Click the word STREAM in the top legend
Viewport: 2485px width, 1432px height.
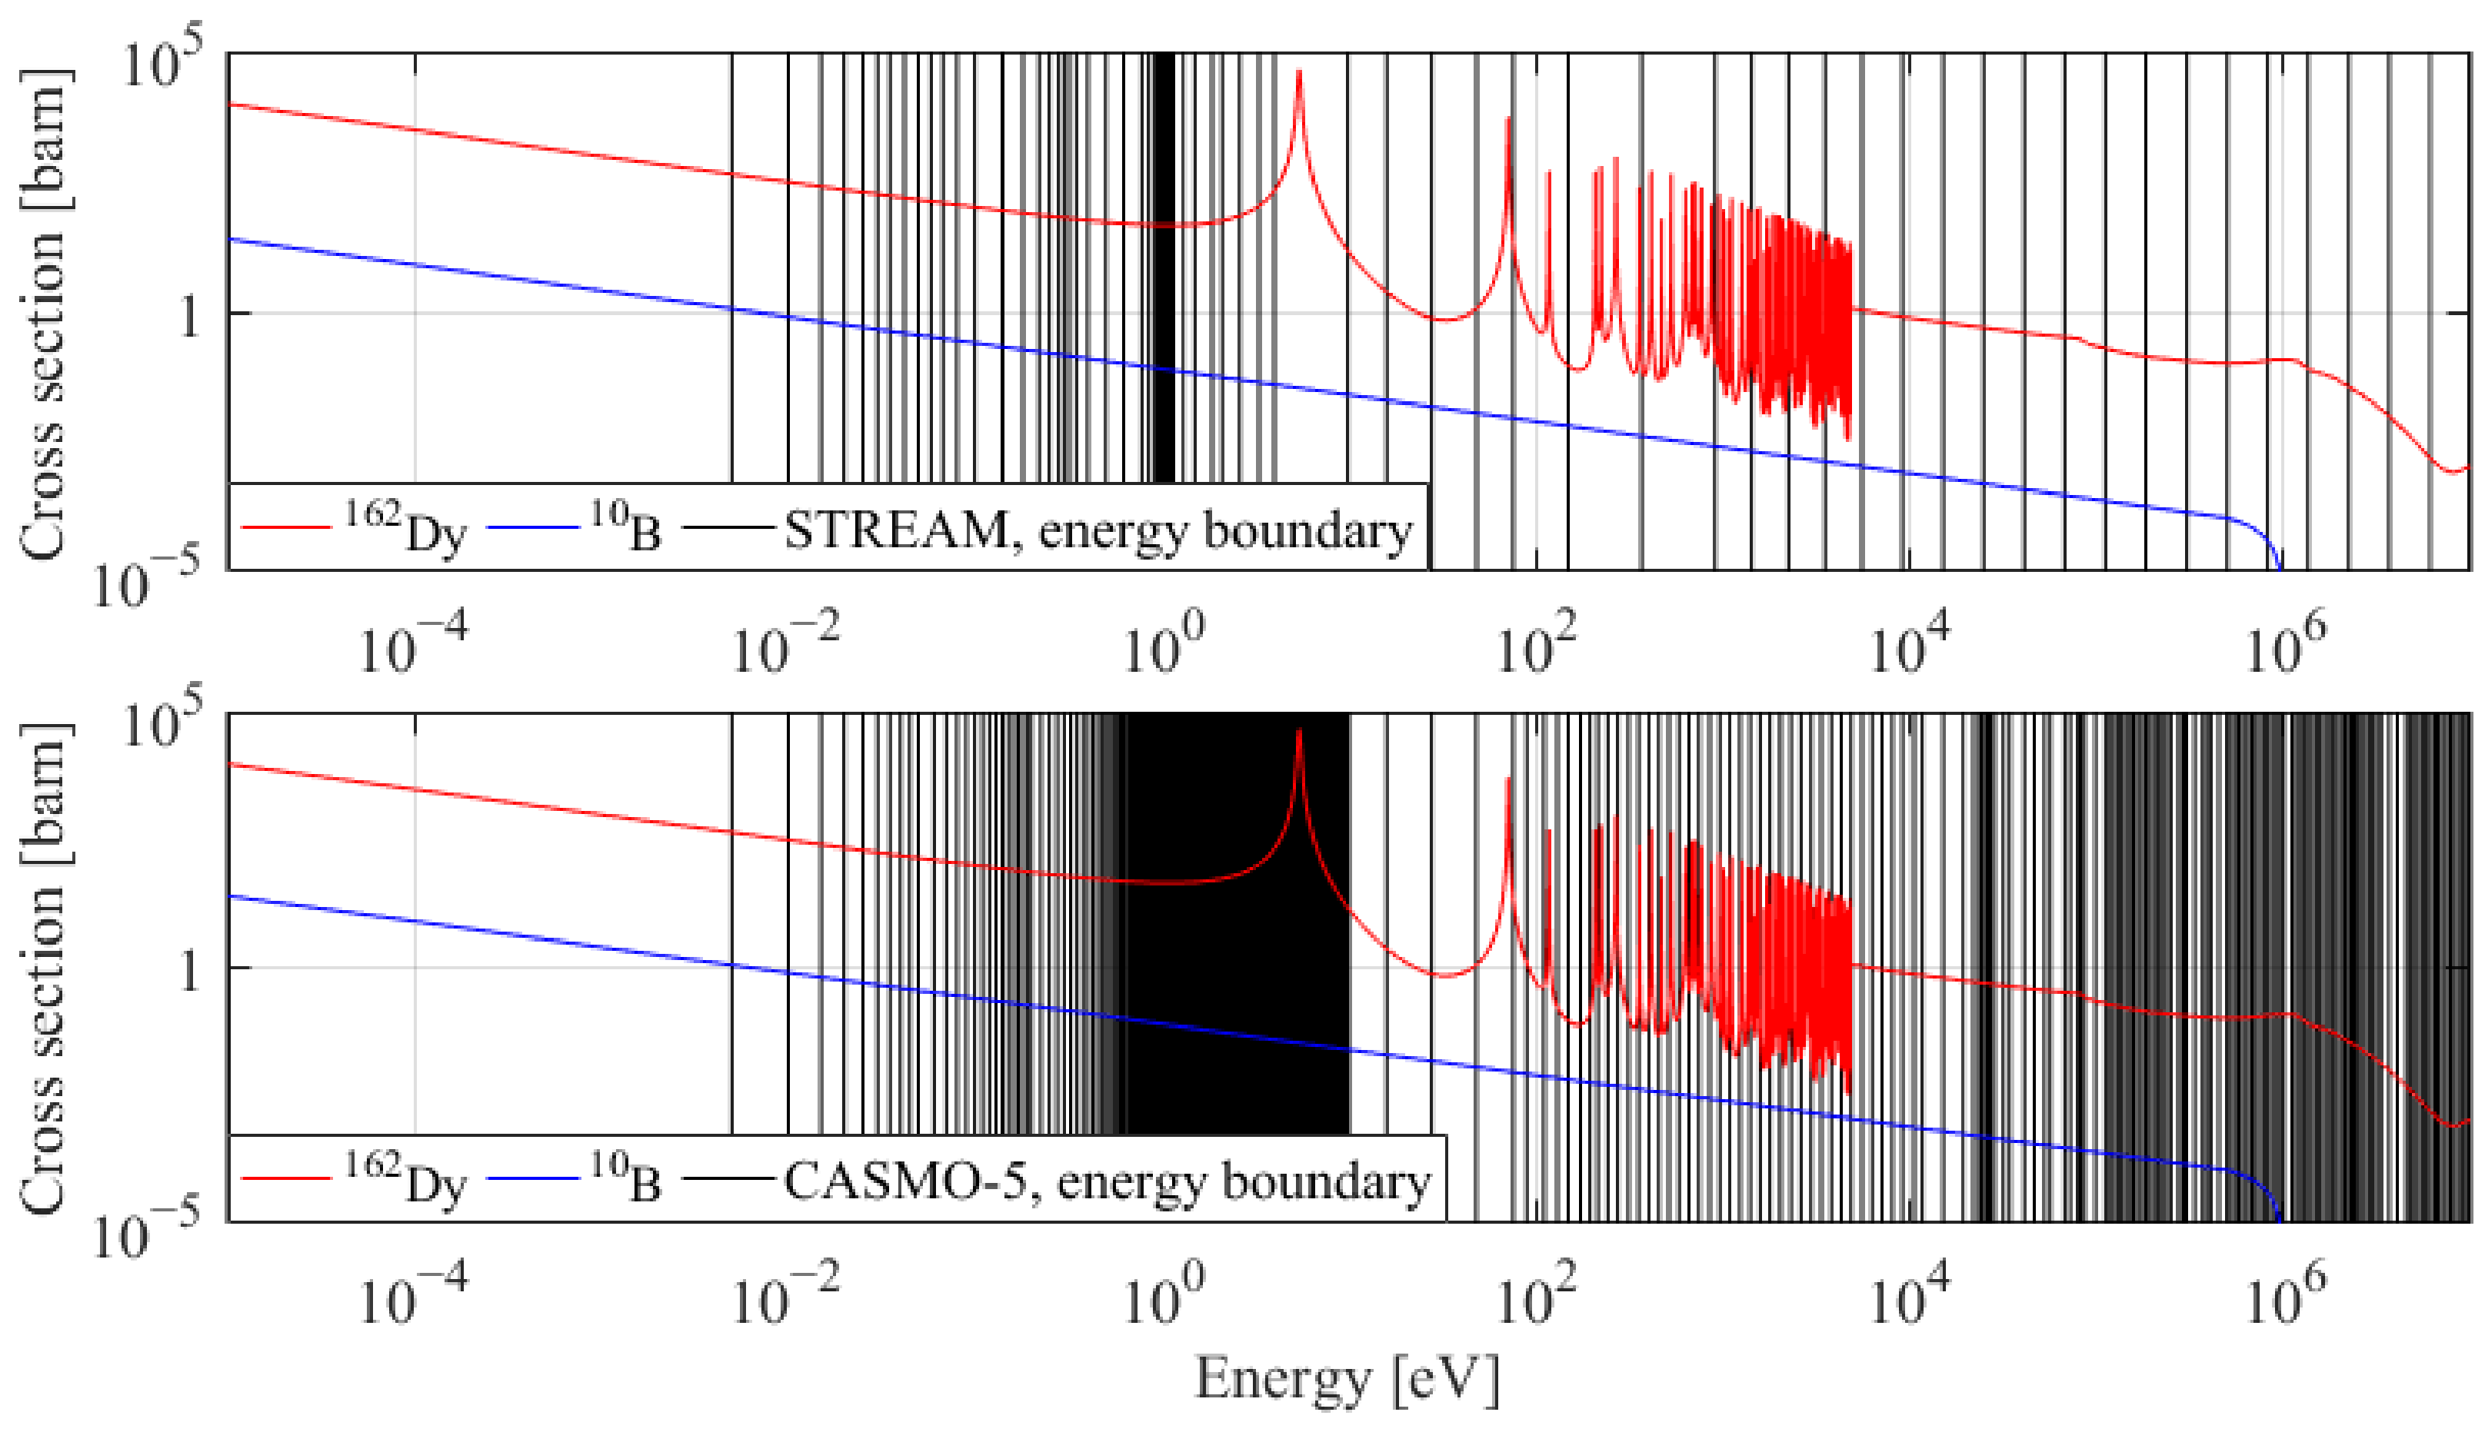[895, 532]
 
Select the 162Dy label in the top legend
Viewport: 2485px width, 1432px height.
[405, 530]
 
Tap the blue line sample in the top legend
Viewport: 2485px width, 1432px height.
[532, 529]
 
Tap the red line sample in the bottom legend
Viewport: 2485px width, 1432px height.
[286, 1179]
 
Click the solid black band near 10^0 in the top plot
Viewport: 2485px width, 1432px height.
[1163, 295]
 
